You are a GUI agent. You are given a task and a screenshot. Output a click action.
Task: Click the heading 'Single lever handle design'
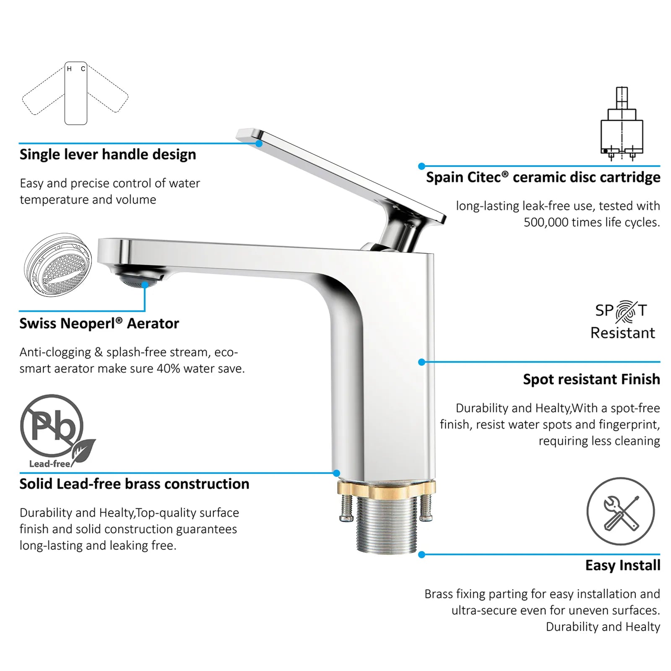coord(108,155)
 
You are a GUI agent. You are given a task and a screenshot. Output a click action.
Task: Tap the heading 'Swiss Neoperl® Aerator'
coord(99,323)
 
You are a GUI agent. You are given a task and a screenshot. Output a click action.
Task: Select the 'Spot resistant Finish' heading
coord(591,380)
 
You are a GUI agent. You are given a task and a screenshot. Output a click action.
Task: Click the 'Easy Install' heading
coord(623,565)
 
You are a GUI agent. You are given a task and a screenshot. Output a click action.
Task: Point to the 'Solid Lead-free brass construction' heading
coord(134,484)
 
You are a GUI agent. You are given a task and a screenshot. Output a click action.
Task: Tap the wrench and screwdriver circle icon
coord(620,512)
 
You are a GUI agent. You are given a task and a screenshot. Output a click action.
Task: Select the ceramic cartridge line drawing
coord(622,124)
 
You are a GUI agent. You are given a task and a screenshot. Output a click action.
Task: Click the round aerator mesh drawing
coord(58,265)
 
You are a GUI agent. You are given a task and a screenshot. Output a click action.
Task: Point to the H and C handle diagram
coord(75,93)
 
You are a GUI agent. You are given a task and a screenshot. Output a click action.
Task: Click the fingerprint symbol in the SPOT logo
coord(626,312)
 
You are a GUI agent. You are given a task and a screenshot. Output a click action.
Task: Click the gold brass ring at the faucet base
coord(386,488)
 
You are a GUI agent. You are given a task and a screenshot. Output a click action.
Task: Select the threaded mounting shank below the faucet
coord(386,524)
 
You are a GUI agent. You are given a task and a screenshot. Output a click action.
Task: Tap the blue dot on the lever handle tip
coord(259,143)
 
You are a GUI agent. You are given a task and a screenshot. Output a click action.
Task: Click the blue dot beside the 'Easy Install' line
coord(422,555)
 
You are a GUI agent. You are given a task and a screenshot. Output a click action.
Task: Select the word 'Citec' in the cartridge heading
coord(484,177)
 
